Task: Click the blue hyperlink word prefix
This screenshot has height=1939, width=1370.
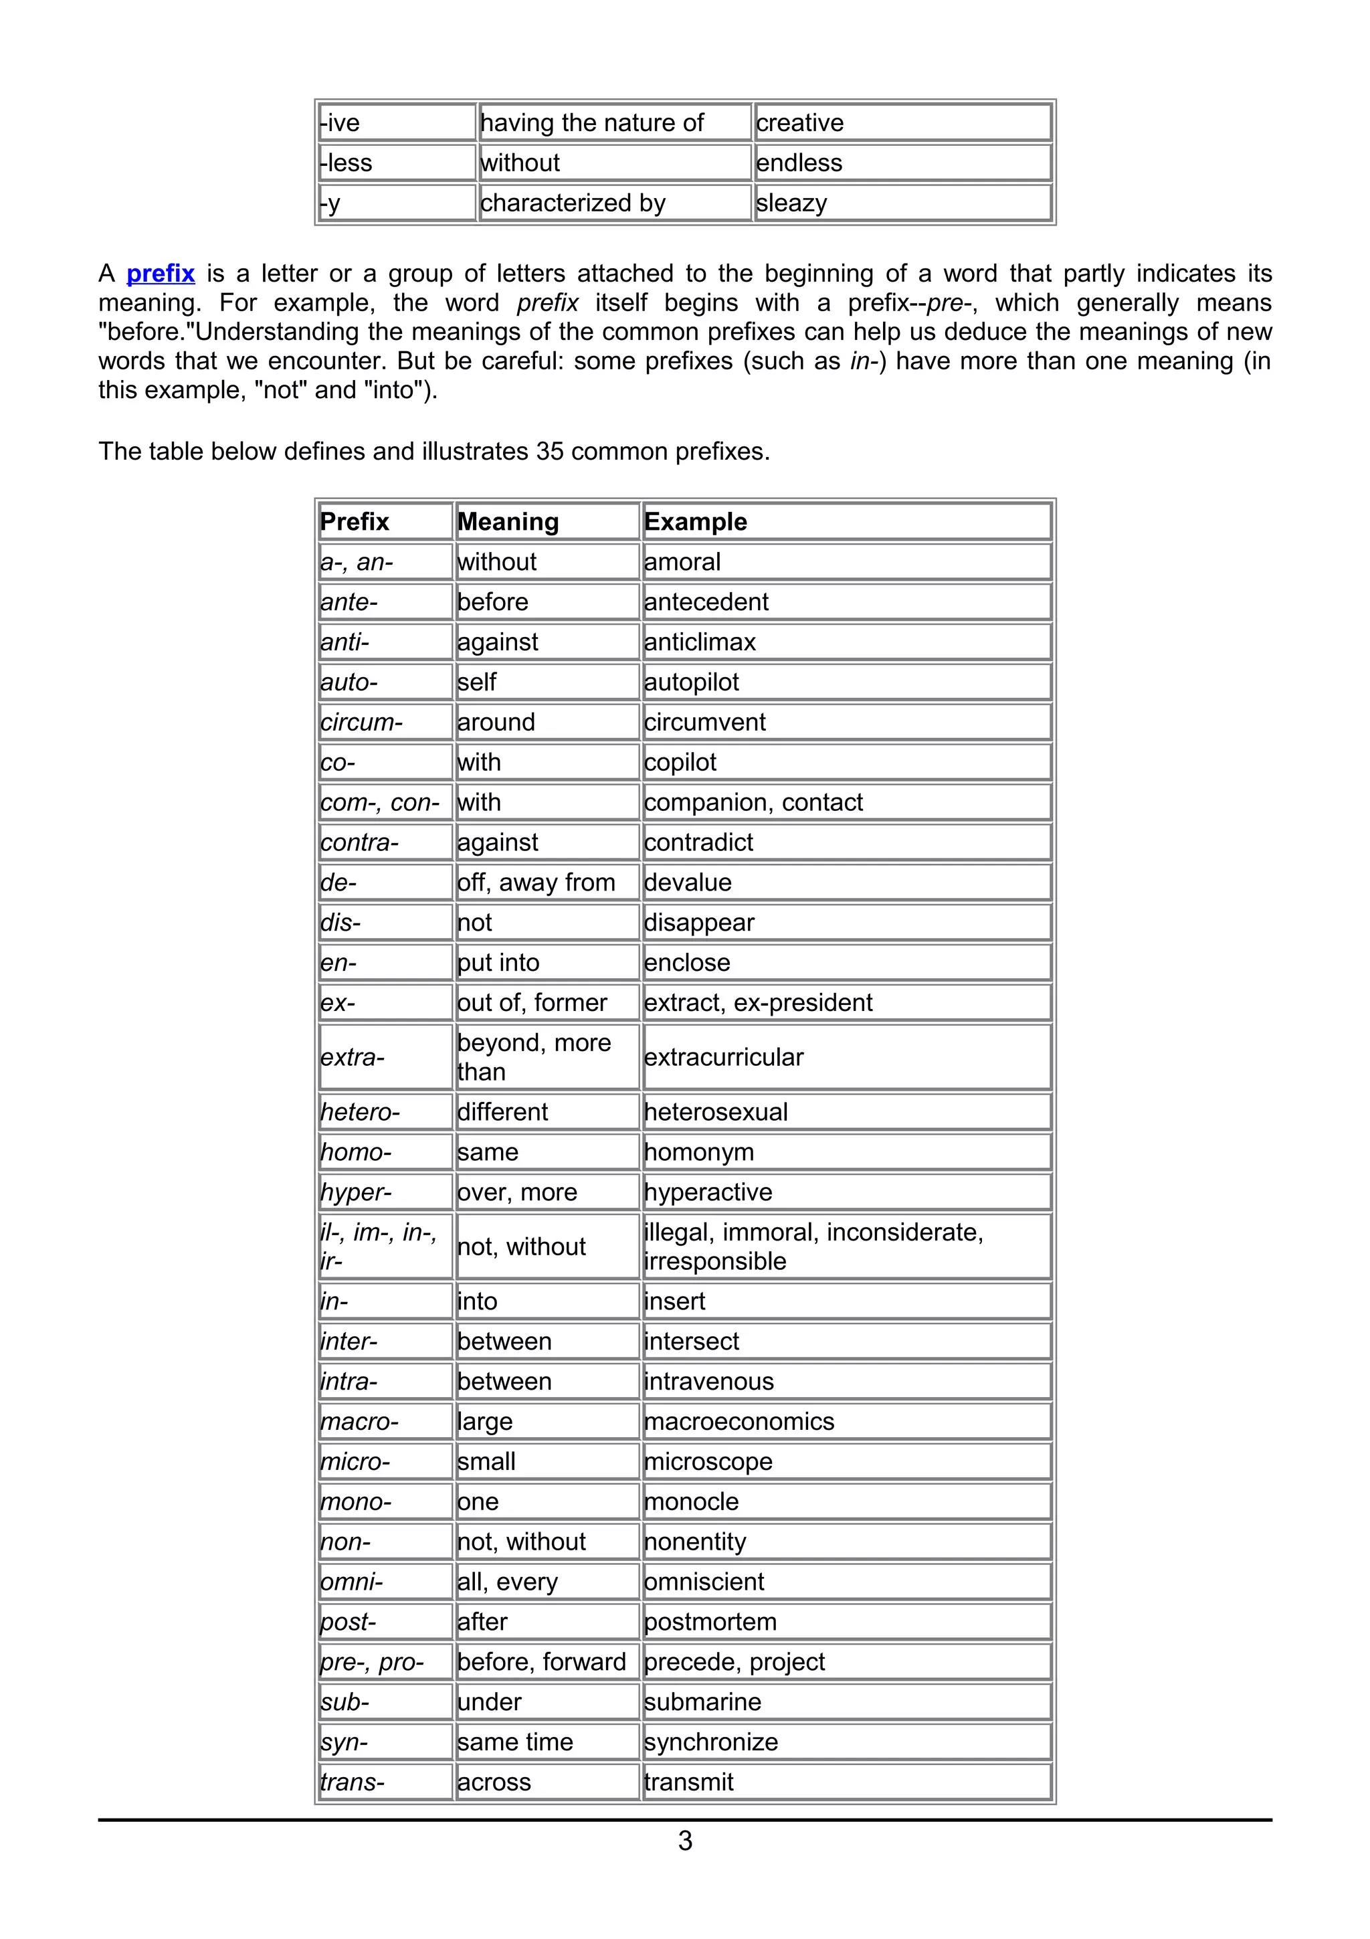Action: click(161, 274)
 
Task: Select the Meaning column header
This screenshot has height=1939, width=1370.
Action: click(508, 522)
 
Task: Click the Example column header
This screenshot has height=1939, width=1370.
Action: click(696, 522)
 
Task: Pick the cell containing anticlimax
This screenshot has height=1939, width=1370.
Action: click(700, 642)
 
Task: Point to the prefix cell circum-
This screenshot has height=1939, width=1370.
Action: click(361, 722)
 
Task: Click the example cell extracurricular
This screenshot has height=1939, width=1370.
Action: click(723, 1057)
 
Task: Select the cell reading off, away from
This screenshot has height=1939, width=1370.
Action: click(536, 883)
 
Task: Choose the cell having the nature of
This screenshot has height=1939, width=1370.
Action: click(592, 123)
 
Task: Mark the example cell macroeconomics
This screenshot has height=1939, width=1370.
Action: click(739, 1421)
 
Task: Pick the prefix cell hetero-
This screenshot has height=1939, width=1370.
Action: click(361, 1112)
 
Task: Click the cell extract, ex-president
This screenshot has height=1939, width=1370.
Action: click(758, 1002)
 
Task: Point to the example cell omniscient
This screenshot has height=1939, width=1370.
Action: click(704, 1582)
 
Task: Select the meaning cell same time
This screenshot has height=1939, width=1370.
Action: click(515, 1742)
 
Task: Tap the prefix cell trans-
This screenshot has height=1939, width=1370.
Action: click(353, 1782)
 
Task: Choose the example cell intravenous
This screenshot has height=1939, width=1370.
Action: click(709, 1382)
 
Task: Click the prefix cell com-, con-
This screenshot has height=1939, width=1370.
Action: click(380, 802)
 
